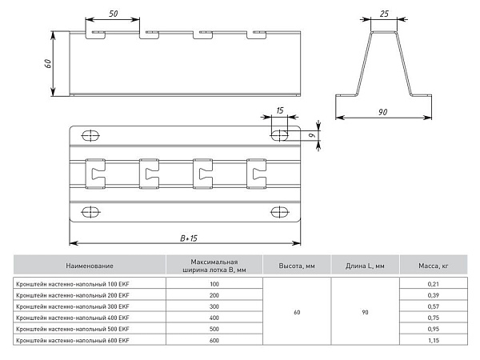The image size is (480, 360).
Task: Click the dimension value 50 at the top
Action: tap(114, 14)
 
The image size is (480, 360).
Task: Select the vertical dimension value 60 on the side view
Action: tap(48, 63)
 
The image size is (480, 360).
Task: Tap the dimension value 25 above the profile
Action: tap(384, 14)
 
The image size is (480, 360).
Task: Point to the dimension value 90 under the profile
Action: tap(382, 112)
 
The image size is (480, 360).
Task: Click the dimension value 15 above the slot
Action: tap(280, 110)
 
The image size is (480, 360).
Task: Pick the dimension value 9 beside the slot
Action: tap(311, 135)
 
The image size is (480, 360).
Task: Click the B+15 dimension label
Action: tap(189, 238)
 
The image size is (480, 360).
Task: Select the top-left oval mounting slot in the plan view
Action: tap(90, 135)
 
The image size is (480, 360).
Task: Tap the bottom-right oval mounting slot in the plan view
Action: tap(280, 212)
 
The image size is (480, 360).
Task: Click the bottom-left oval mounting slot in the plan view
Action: tap(90, 212)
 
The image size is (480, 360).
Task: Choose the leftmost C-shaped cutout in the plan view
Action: tap(95, 174)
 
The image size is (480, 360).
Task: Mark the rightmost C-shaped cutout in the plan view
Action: tap(256, 174)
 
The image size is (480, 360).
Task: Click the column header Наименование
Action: tap(90, 266)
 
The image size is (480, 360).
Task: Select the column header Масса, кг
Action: tap(434, 266)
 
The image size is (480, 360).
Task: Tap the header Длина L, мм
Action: tap(365, 266)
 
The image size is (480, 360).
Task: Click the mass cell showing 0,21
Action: tap(434, 284)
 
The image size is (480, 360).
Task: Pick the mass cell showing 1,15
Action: tap(434, 340)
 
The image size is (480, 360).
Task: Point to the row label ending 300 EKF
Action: tap(73, 306)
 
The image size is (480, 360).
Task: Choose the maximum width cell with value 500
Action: tap(214, 329)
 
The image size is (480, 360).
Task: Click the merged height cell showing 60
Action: tap(297, 312)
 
